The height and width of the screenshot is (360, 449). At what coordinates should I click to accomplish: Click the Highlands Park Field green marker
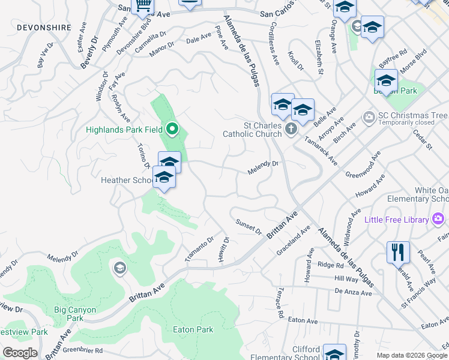[x=172, y=129]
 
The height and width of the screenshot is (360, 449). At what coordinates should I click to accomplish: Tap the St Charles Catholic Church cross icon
[x=291, y=128]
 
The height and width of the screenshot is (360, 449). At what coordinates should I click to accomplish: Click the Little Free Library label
[x=396, y=220]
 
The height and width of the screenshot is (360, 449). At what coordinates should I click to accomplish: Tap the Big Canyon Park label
[x=75, y=314]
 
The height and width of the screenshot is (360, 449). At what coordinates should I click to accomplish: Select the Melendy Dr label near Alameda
[x=263, y=167]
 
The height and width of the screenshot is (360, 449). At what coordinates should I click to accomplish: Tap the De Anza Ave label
[x=354, y=291]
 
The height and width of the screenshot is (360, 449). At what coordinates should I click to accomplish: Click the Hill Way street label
[x=346, y=278]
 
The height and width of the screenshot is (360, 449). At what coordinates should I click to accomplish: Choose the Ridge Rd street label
[x=330, y=265]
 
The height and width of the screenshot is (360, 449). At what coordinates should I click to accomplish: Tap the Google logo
[x=20, y=353]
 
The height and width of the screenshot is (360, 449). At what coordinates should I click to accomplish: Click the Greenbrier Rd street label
[x=83, y=350]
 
